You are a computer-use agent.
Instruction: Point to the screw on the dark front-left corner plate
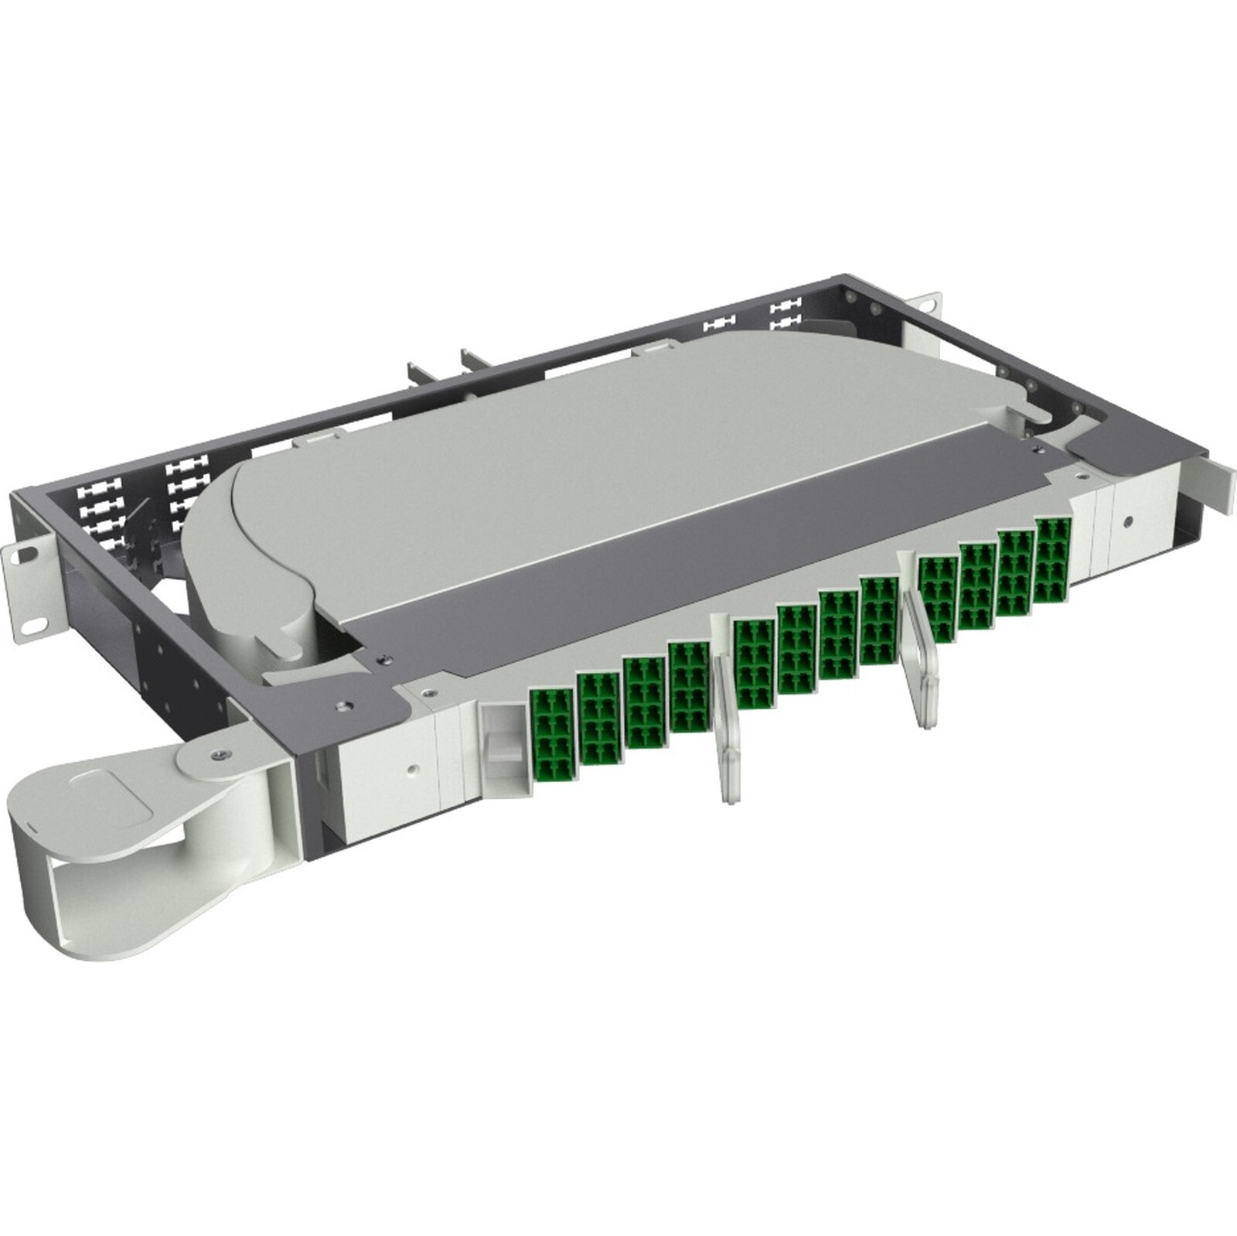[341, 705]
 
